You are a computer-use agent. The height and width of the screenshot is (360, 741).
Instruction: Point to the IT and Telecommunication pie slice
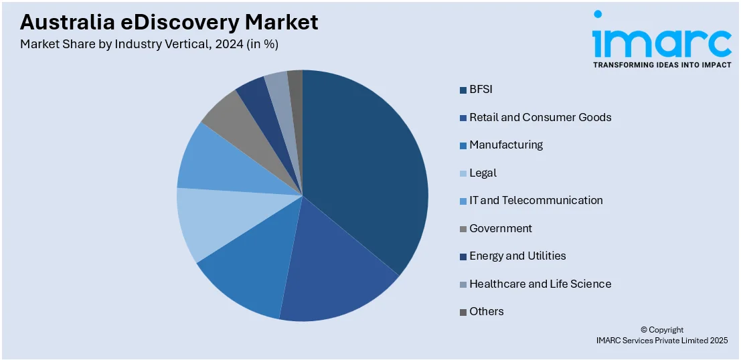(x=211, y=164)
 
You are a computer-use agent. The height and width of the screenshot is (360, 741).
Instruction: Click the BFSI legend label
(x=481, y=90)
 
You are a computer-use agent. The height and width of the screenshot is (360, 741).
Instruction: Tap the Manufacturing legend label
(x=505, y=145)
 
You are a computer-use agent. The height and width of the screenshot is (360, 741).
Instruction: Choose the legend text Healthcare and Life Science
(x=540, y=284)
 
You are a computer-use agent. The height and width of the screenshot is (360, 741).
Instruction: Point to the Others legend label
(x=486, y=312)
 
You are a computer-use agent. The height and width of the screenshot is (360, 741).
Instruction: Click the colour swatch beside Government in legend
(x=463, y=229)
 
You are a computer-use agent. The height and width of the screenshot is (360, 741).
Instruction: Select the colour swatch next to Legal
(x=463, y=173)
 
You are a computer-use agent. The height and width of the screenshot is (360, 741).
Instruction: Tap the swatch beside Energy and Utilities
(x=463, y=256)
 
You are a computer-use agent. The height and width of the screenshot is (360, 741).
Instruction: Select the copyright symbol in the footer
(x=644, y=330)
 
